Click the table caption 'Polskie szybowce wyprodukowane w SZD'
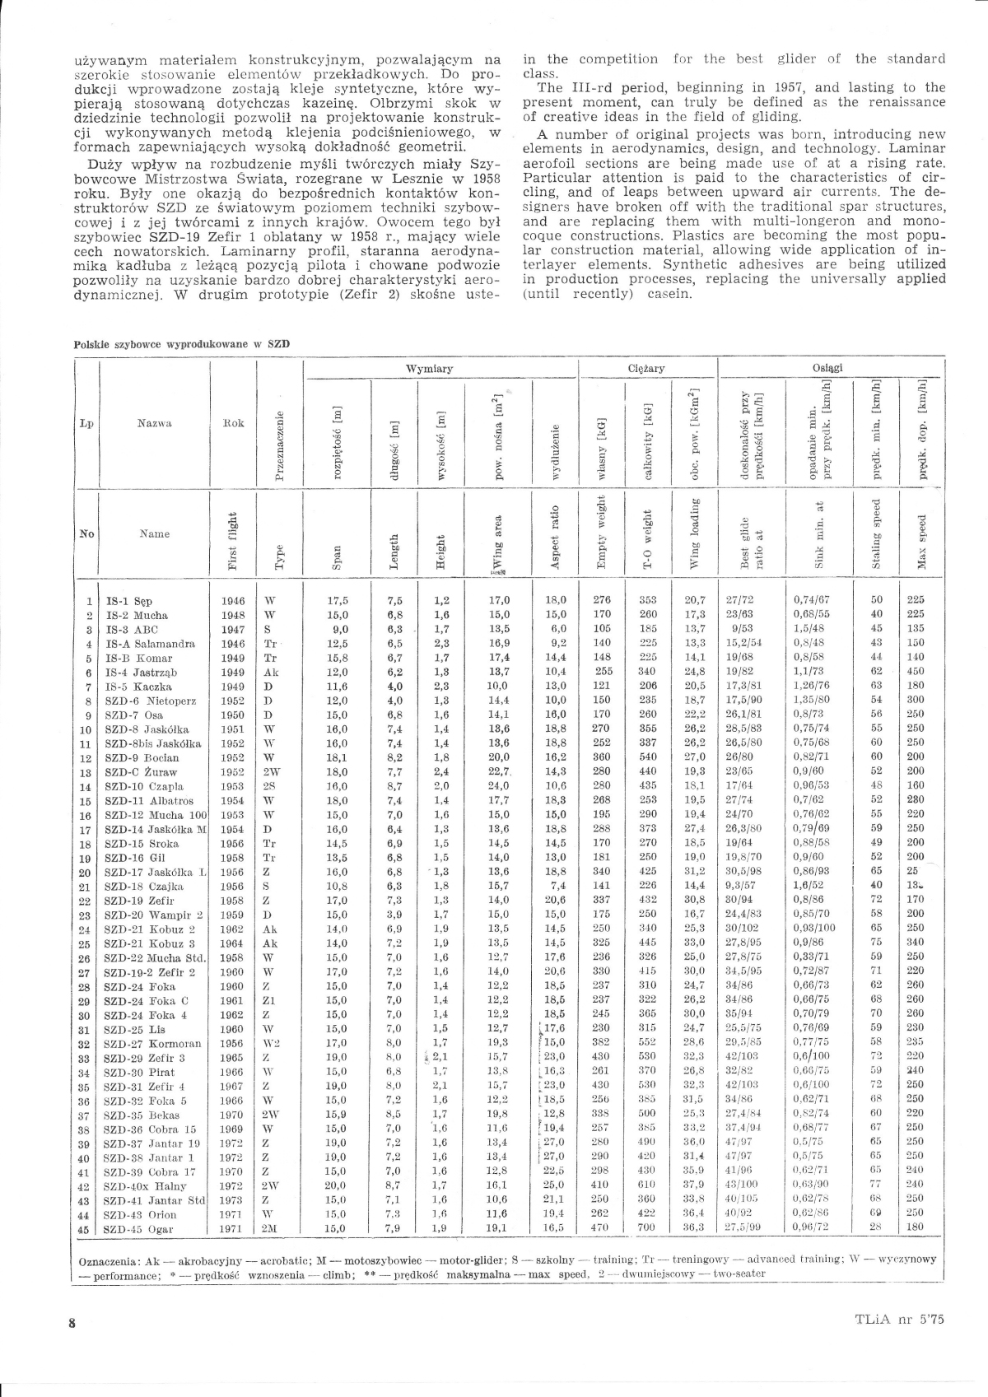(182, 344)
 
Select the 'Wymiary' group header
(429, 370)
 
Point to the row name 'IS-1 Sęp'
(129, 602)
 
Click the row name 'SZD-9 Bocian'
(136, 757)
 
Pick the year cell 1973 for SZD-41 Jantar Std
(232, 1200)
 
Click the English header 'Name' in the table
(154, 533)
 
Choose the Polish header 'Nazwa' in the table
(154, 423)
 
